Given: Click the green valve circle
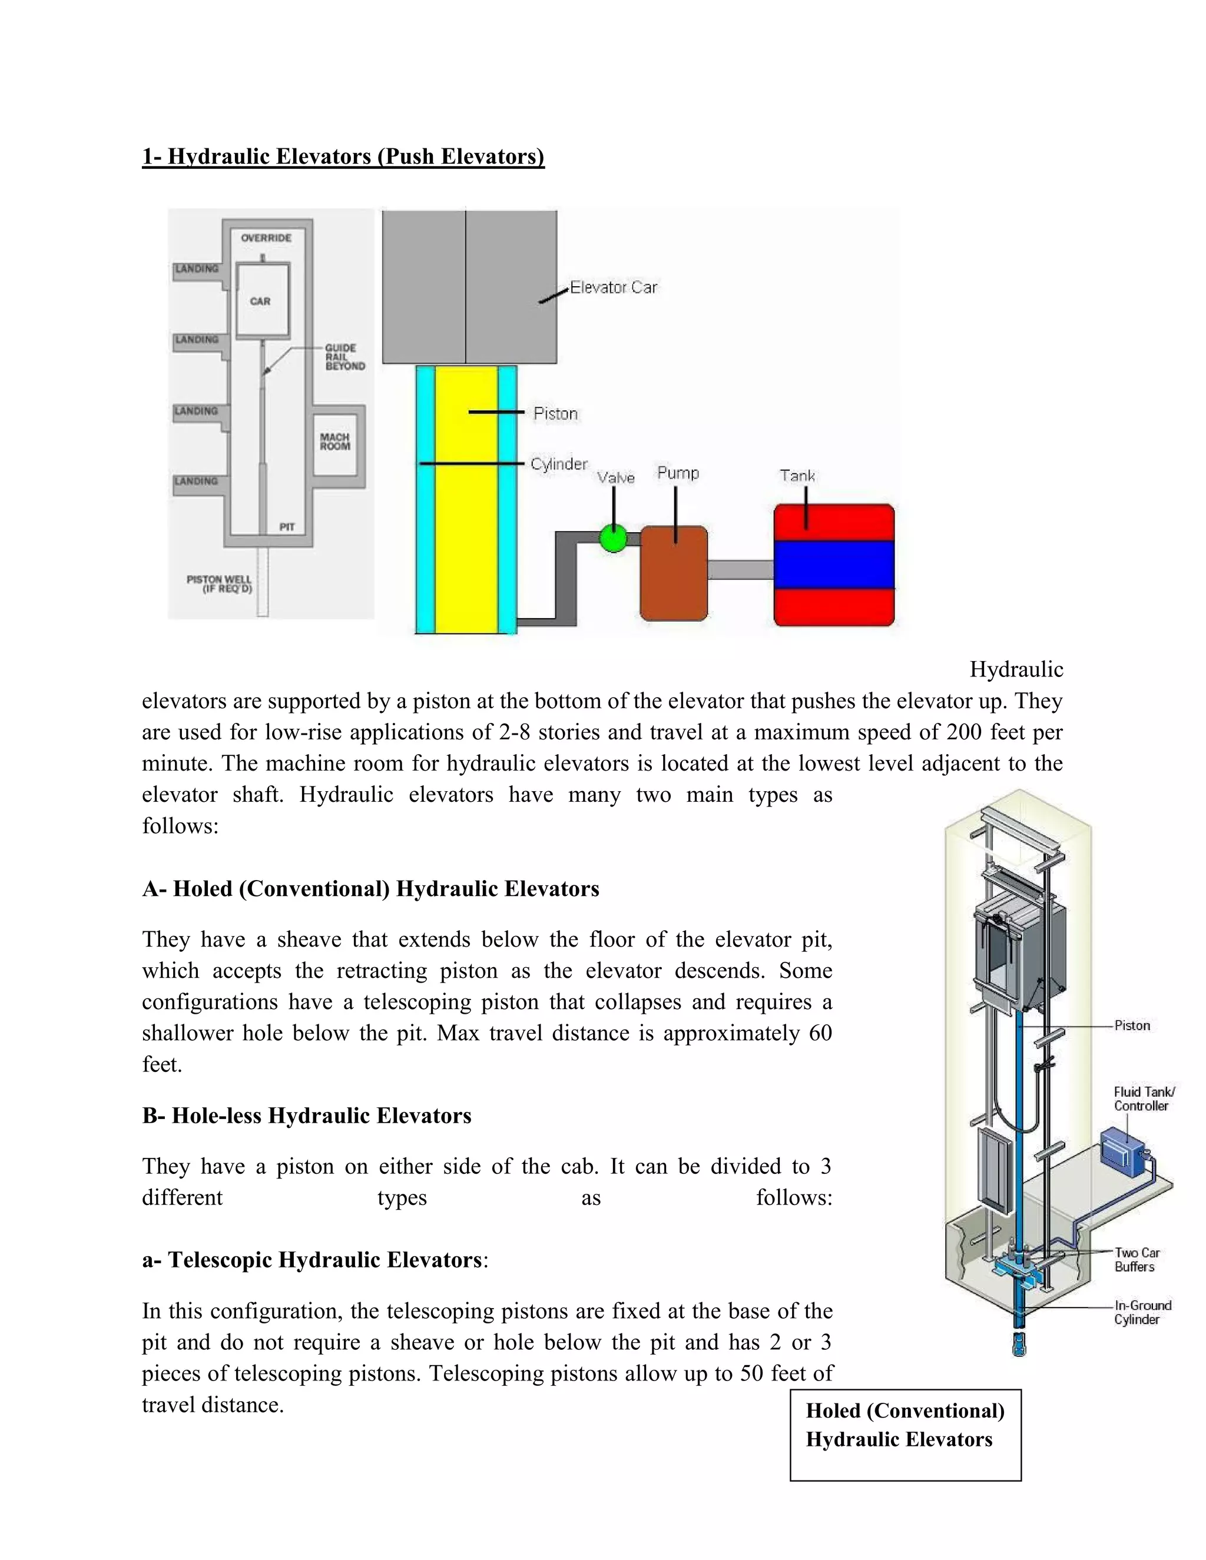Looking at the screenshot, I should (612, 538).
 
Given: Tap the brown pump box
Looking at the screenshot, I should (673, 573).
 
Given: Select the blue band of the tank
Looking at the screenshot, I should (834, 565).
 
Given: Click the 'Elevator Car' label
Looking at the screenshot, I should (613, 287).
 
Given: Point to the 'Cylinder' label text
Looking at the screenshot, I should (559, 464).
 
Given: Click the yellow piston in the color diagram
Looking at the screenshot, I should (466, 500).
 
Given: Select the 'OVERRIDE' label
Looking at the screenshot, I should (266, 238).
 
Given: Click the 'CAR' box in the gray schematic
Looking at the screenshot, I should (261, 300).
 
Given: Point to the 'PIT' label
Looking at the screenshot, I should (287, 527).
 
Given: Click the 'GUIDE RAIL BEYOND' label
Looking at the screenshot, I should (344, 356).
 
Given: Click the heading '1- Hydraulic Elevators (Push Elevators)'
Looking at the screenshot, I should (343, 157).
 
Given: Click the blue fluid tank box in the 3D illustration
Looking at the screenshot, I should (1122, 1151).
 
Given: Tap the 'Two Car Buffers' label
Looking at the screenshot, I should (1136, 1259).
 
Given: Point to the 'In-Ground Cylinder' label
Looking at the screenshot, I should (1142, 1312).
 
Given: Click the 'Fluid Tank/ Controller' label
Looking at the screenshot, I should (1143, 1098).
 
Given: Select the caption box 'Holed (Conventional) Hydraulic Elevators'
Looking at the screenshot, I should (904, 1434).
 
